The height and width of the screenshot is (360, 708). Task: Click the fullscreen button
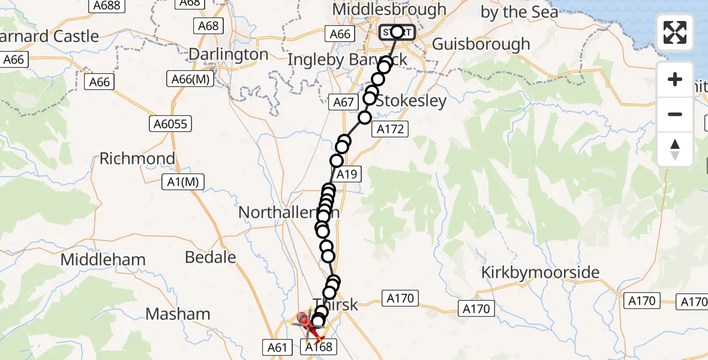point(675,32)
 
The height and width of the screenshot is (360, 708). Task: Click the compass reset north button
point(675,149)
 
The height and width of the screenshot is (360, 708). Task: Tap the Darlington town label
point(229,55)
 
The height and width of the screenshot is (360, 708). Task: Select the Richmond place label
point(137,159)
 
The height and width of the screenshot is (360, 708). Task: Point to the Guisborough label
point(481,44)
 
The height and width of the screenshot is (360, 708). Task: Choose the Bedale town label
point(211,257)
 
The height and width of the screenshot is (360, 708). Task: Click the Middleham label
point(103,260)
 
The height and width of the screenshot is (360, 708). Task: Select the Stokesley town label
point(411,101)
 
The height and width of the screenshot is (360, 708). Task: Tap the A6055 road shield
point(170,124)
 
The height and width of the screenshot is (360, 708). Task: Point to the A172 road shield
point(390,128)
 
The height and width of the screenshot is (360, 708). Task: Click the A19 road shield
point(347,175)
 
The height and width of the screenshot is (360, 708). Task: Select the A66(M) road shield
point(190,79)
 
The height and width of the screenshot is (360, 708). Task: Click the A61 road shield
point(277,346)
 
